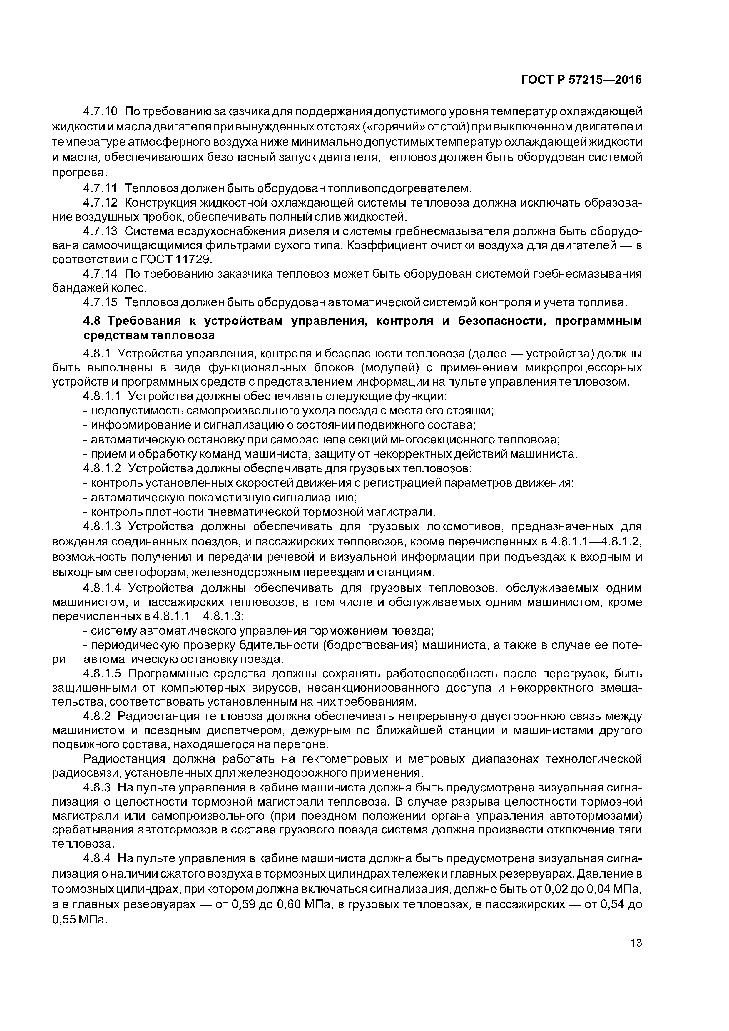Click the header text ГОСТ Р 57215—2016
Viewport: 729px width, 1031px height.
pyautogui.click(x=581, y=80)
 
